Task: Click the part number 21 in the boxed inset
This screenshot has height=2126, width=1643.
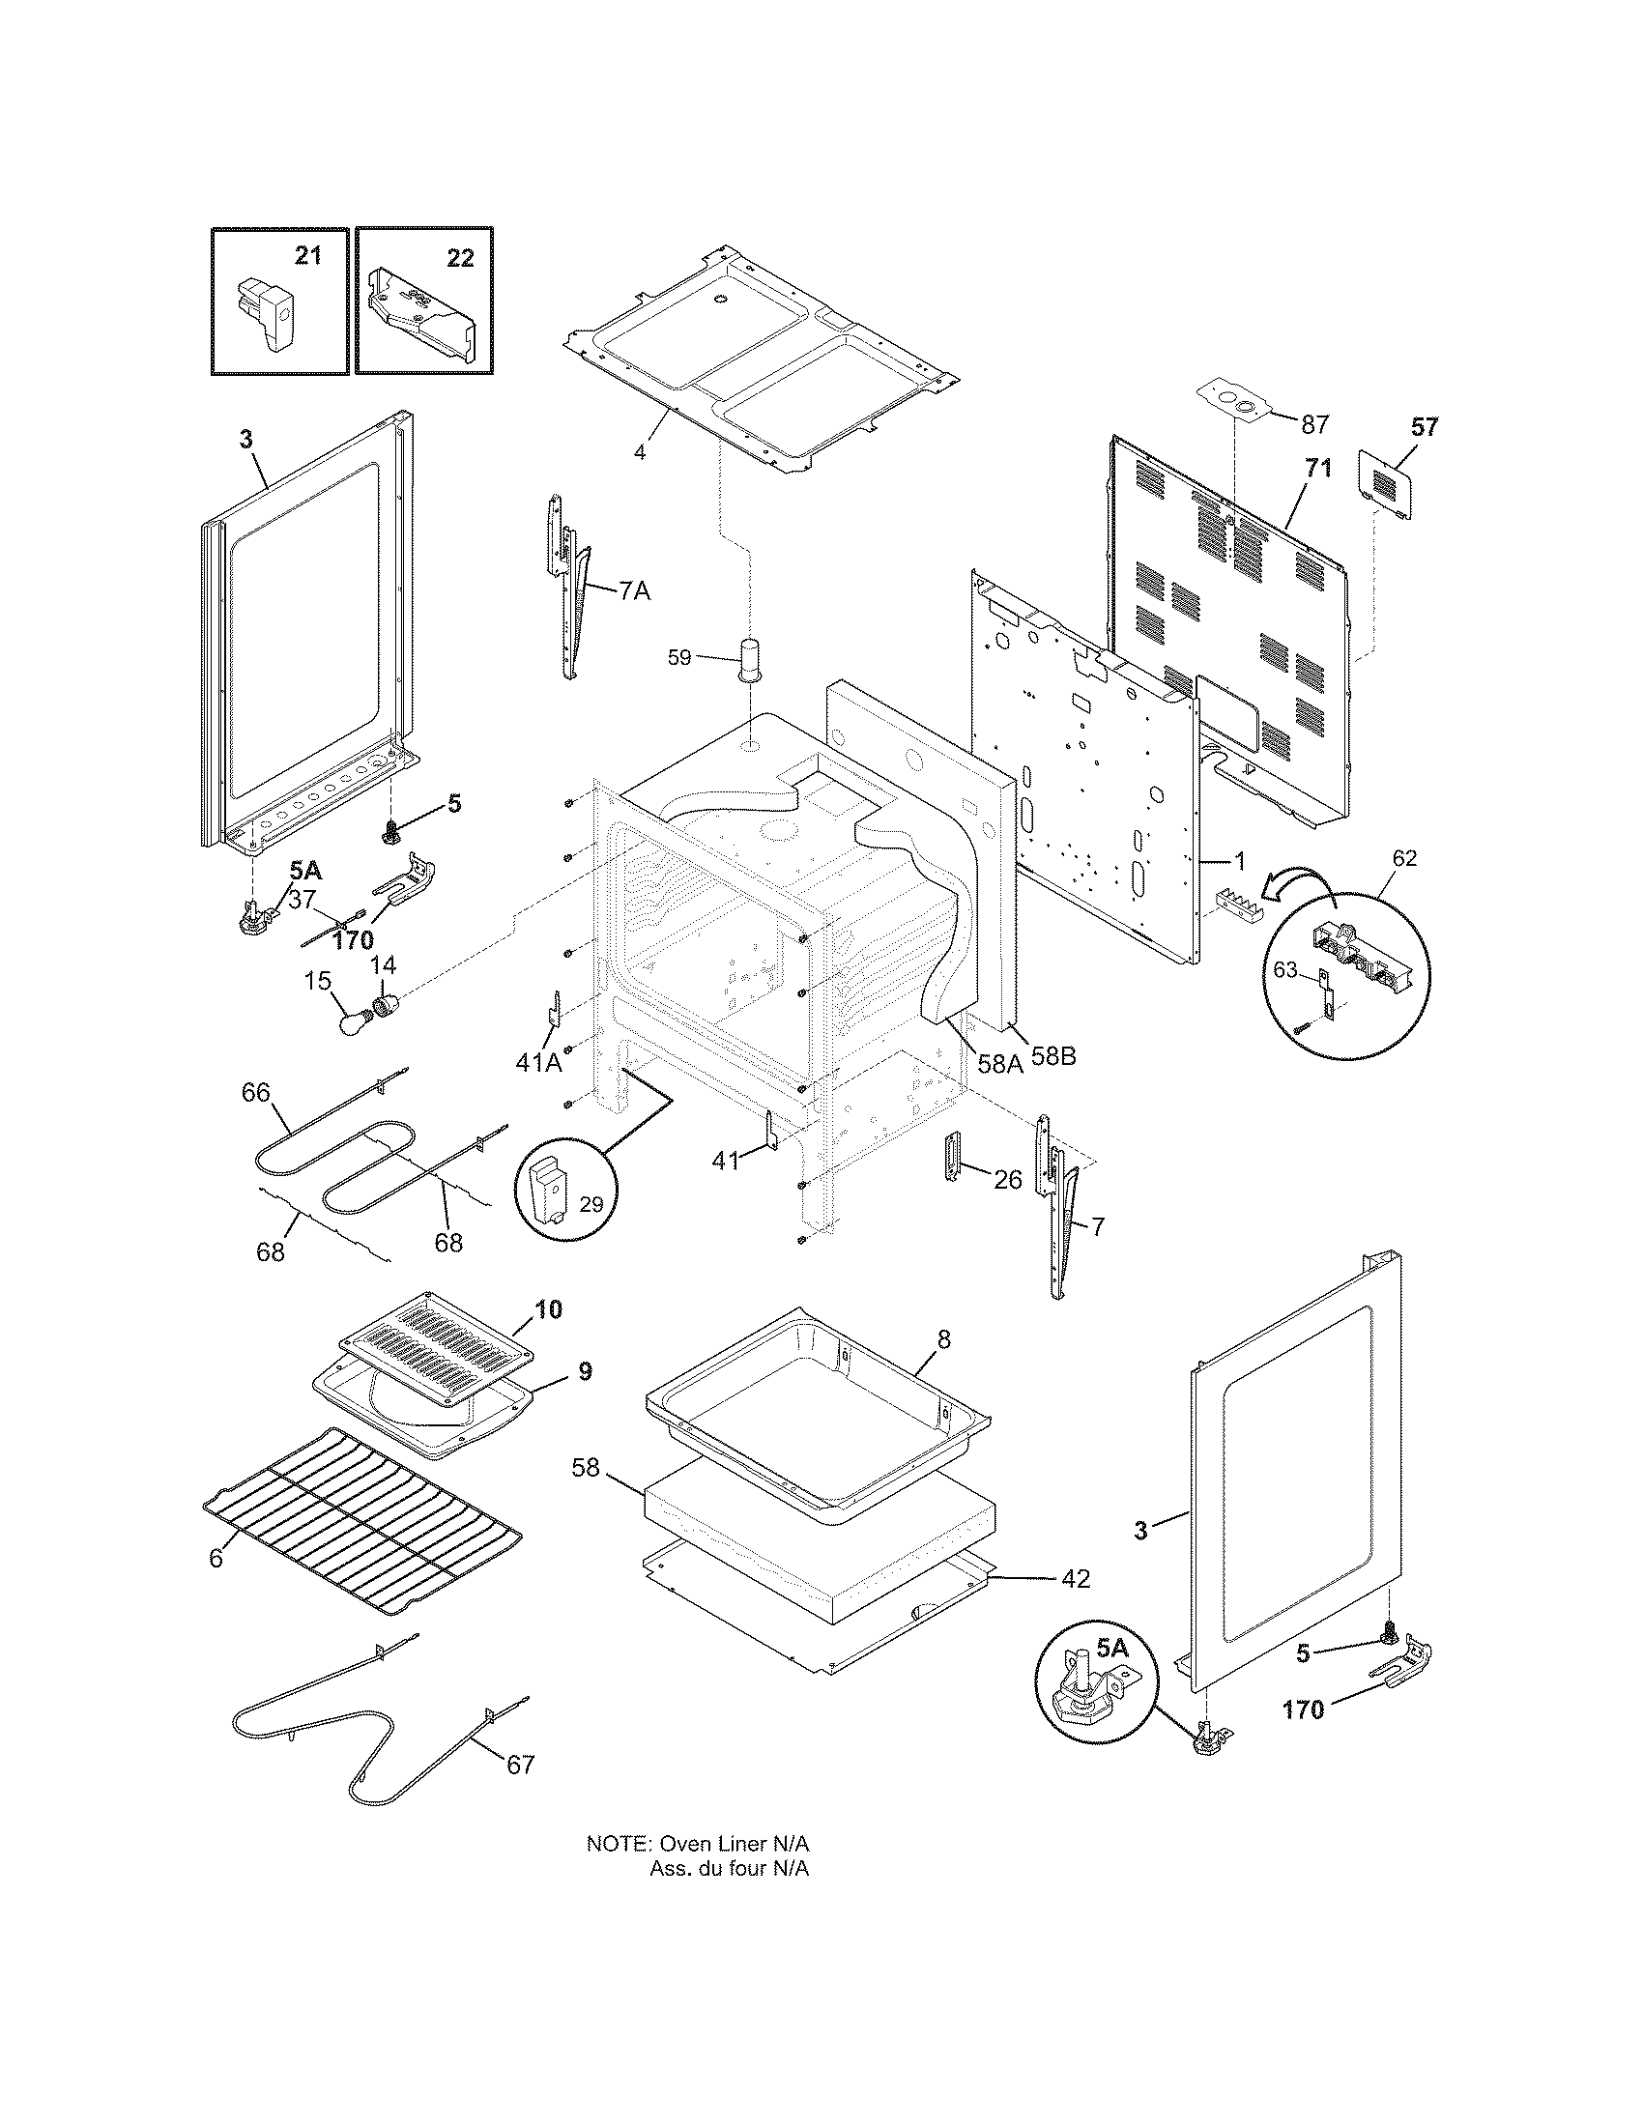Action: (x=307, y=257)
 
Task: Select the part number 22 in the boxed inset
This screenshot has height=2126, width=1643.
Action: (x=460, y=258)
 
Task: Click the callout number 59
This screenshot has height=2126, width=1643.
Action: (x=679, y=658)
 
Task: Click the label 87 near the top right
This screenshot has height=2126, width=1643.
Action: (x=1314, y=424)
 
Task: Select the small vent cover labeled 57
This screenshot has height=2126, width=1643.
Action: (x=1387, y=484)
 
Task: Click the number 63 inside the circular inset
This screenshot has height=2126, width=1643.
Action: (x=1286, y=968)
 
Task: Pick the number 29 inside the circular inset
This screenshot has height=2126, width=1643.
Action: (x=591, y=1204)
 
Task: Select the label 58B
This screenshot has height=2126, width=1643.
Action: (x=1053, y=1055)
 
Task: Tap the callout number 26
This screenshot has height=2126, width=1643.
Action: (x=1007, y=1180)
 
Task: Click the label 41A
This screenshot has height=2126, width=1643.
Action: (x=539, y=1063)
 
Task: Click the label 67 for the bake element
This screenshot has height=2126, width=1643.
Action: (x=521, y=1764)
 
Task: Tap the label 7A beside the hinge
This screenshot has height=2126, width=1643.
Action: (x=634, y=589)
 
